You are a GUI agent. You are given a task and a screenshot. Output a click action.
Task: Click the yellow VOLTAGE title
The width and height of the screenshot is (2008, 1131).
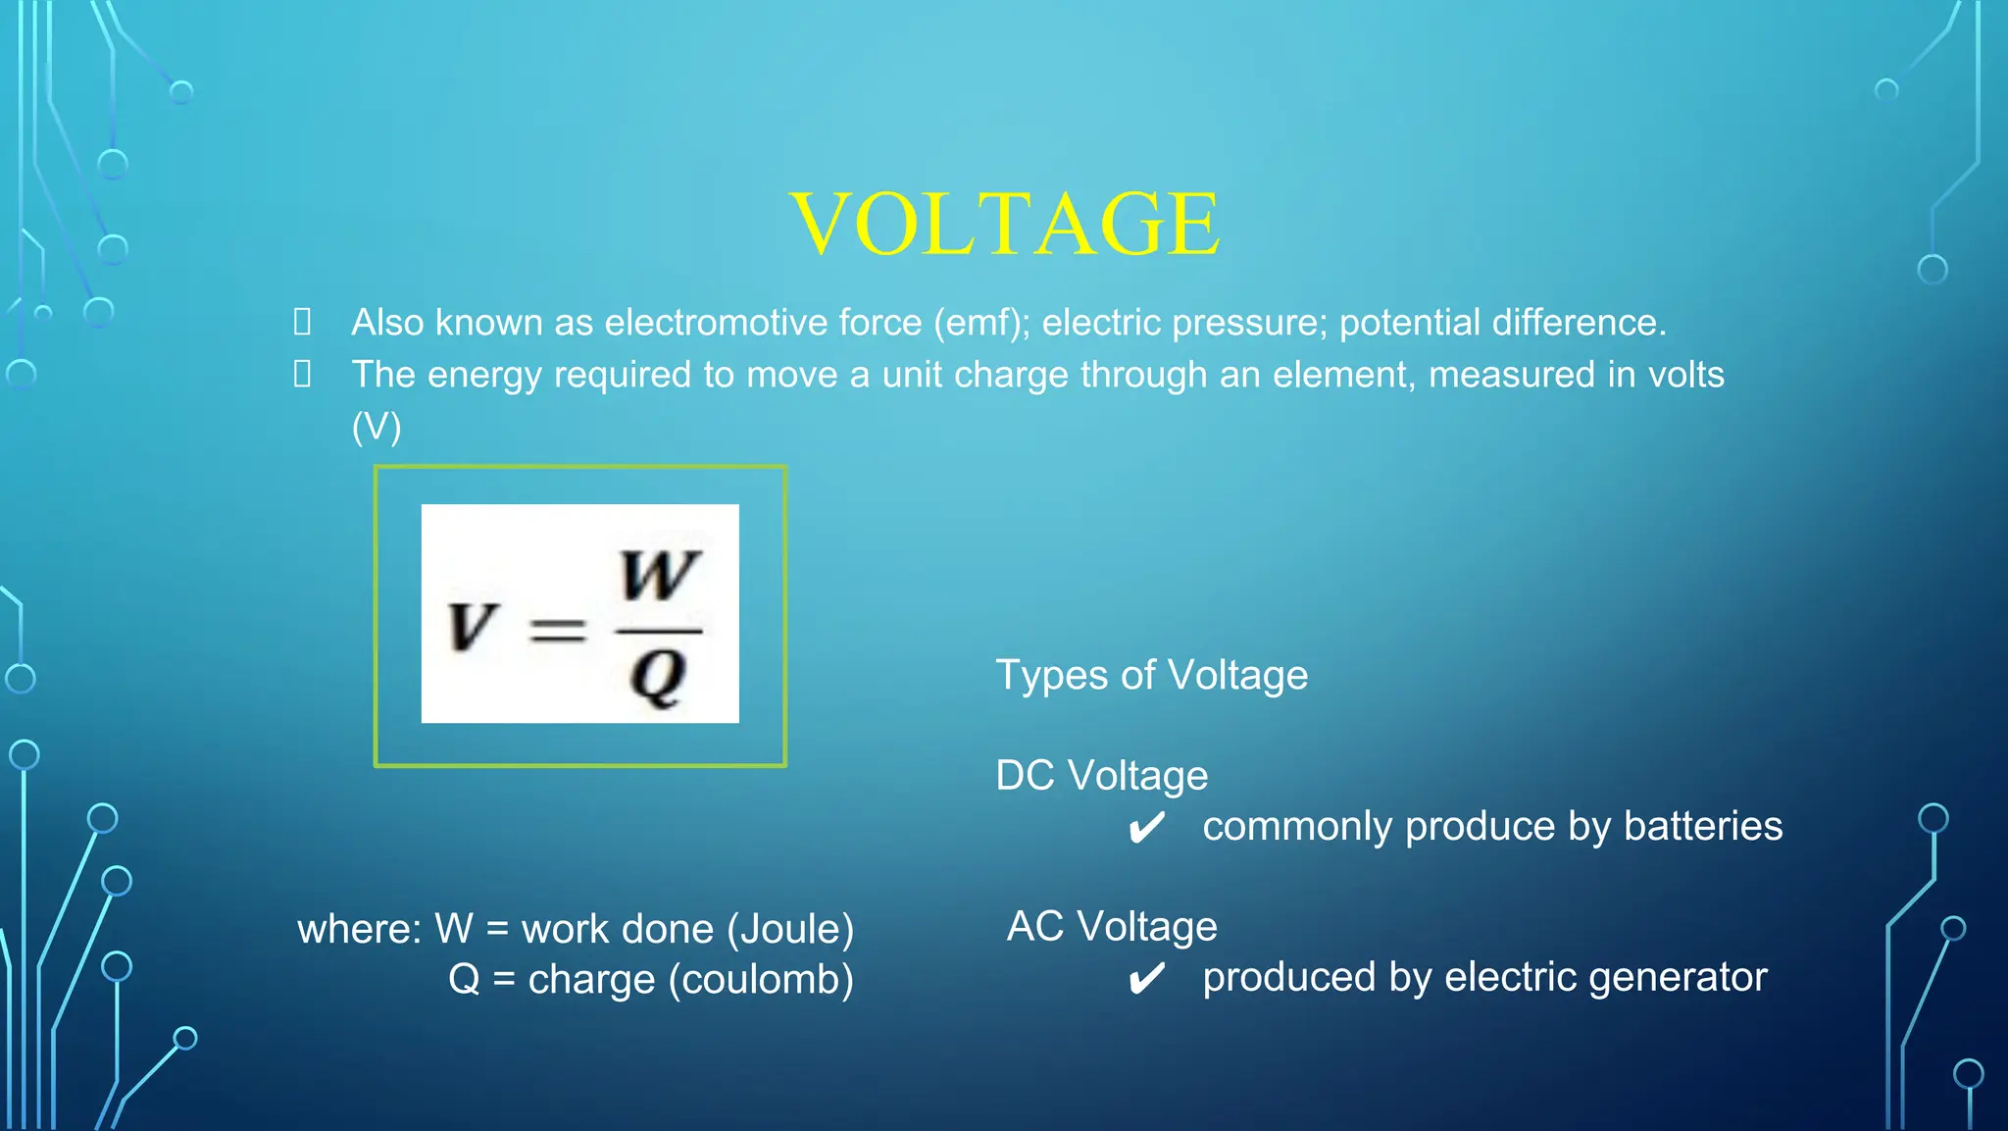tap(1005, 225)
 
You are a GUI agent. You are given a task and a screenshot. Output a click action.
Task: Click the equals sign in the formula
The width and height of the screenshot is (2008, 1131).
tap(558, 630)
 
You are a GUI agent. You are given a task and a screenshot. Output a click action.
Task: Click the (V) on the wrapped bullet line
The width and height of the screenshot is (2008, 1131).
tap(376, 427)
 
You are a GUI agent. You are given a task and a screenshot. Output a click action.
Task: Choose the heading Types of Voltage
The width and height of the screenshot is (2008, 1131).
tap(1151, 676)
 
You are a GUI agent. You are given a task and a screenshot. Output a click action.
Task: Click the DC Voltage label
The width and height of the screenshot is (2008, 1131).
tap(1101, 776)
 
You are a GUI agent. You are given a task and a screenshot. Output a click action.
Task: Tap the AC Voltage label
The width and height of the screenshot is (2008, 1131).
tap(1112, 927)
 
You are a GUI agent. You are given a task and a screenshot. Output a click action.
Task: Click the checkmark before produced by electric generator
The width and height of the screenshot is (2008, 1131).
tap(1146, 979)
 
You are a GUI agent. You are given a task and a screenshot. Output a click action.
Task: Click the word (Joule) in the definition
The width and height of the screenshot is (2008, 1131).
tap(790, 930)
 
